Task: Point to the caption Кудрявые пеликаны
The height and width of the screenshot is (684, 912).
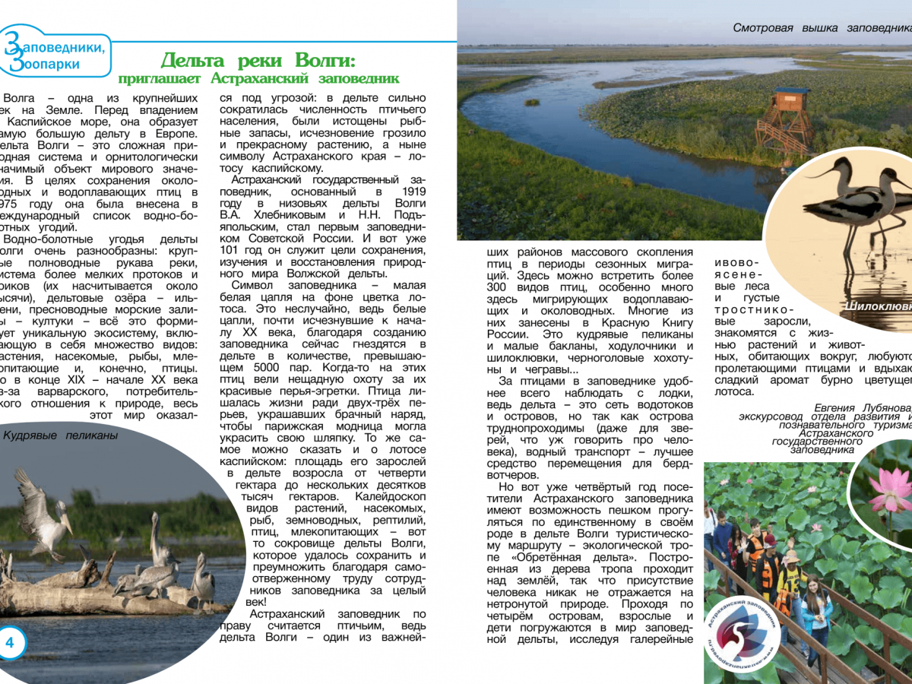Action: [x=61, y=435]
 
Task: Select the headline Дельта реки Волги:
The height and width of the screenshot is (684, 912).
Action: [x=258, y=60]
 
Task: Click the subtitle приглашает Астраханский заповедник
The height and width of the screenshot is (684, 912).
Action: [x=258, y=78]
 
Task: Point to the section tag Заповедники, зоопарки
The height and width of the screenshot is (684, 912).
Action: [x=57, y=55]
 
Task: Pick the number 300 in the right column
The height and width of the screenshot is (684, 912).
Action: [x=499, y=288]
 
